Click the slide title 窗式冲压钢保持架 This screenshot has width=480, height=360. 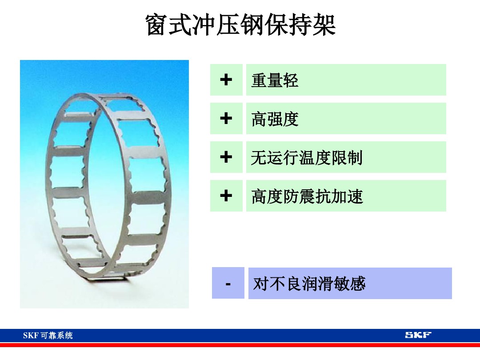point(240,25)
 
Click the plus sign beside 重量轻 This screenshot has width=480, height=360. point(226,80)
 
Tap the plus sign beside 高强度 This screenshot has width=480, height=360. point(226,118)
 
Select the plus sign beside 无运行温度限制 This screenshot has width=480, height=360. point(226,157)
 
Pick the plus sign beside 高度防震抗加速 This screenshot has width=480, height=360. point(226,196)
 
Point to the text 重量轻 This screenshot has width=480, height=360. point(275,80)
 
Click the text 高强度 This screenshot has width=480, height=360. point(275,119)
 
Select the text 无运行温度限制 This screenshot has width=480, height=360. point(307,158)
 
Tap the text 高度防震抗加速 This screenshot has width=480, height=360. point(307,196)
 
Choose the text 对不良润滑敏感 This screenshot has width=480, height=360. point(309,284)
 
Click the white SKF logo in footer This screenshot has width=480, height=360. point(418,335)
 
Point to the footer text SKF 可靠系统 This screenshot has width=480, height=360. point(48,336)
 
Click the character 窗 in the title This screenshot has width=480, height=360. point(157,25)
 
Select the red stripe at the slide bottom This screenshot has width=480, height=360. point(240,345)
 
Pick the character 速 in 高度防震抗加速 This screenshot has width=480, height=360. point(355,196)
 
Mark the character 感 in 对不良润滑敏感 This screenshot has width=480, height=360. point(357,284)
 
